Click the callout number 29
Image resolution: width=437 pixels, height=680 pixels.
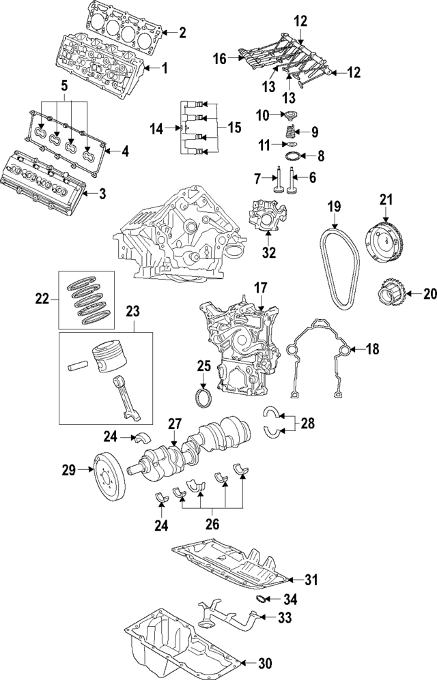pos(68,469)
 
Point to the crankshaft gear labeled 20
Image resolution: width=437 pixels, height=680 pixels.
pos(393,296)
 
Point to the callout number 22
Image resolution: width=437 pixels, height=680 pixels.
pos(42,297)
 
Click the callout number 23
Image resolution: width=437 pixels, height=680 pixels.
pos(132,312)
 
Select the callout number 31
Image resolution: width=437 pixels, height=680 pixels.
pos(311,580)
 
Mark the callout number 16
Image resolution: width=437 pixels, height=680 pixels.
pos(219,60)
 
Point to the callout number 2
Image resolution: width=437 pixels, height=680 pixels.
pos(182,31)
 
